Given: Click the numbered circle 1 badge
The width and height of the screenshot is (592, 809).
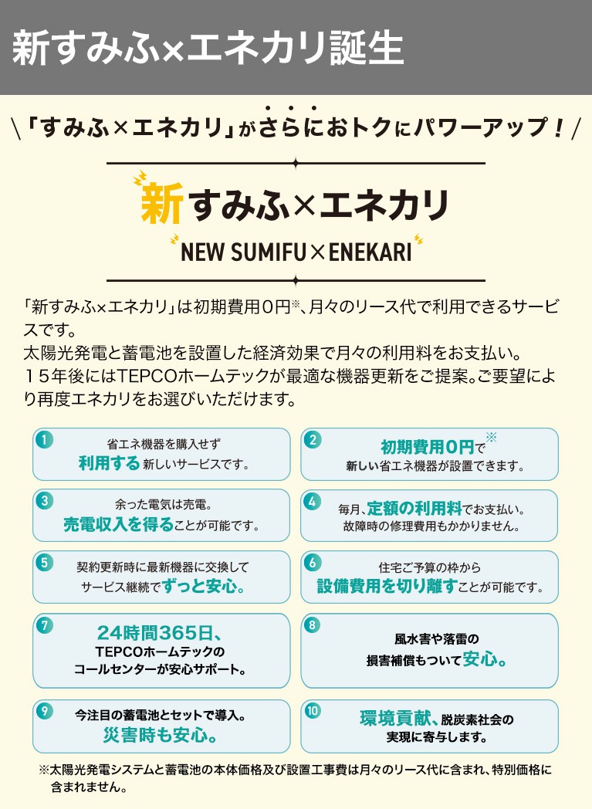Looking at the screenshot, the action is click(45, 440).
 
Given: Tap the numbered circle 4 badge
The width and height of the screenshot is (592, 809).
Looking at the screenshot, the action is click(312, 502).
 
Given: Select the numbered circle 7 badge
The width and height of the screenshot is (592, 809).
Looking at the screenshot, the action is click(45, 625).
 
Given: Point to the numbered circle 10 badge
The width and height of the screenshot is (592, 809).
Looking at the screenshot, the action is click(312, 711).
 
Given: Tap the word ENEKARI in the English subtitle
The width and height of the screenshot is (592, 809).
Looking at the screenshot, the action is click(370, 252).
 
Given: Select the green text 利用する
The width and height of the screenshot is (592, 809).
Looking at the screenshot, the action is click(110, 463).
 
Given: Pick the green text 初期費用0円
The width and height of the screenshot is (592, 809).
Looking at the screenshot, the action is click(427, 446).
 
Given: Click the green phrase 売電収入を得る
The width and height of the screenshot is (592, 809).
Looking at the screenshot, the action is click(119, 524).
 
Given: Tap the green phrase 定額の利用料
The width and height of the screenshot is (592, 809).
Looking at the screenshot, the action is click(414, 508).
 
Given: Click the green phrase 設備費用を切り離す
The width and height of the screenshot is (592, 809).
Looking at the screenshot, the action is click(387, 586).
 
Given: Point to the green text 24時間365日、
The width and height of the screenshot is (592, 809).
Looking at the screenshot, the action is click(159, 632).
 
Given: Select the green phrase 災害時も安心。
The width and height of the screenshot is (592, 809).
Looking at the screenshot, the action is click(160, 734).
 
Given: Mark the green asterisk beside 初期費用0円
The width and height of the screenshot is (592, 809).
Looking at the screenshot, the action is click(491, 438).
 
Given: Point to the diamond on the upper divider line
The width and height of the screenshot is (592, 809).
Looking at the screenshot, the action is click(296, 164).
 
